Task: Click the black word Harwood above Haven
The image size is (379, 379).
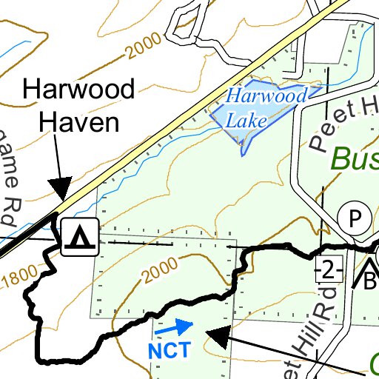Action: (x=79, y=90)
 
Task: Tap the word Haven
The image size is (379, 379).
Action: (x=79, y=121)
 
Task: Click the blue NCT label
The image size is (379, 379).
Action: (x=170, y=349)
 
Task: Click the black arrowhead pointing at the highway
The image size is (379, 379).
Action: (x=59, y=188)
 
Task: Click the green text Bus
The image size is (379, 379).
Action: (x=354, y=158)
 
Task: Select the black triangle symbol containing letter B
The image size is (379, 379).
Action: (x=369, y=278)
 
